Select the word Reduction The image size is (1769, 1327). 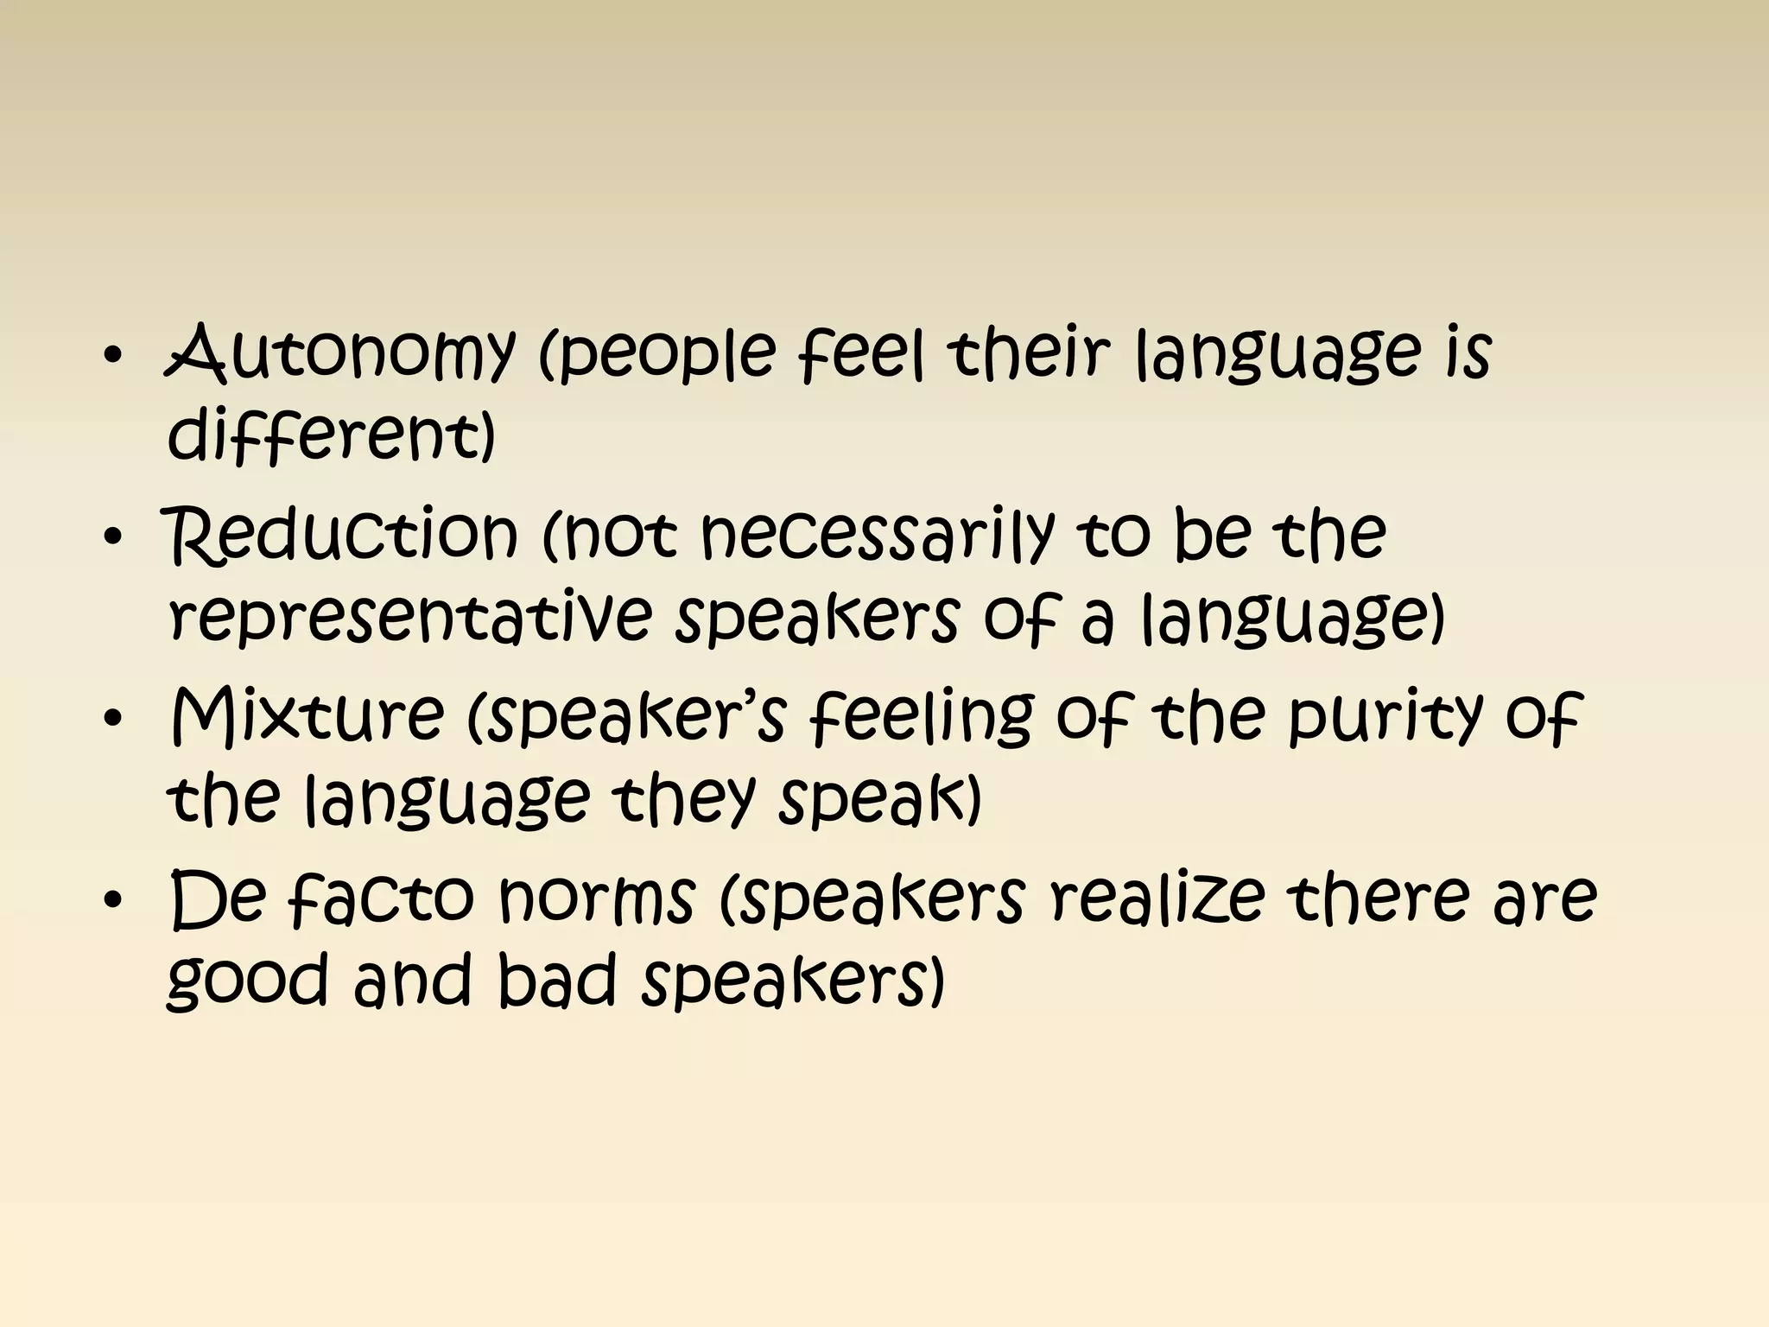[343, 533]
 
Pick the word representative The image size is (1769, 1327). [410, 616]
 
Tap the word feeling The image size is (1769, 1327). [921, 717]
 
